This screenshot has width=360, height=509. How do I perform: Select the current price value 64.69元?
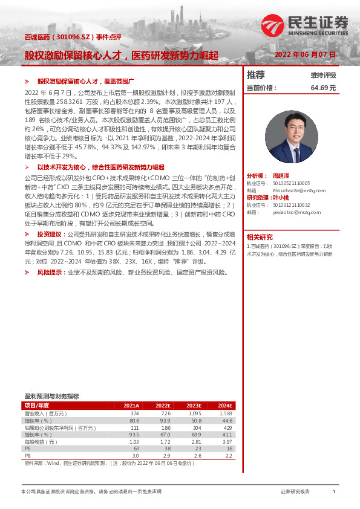point(323,88)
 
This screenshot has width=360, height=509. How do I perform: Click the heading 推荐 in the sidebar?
point(256,75)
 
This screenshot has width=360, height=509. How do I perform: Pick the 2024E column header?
point(224,406)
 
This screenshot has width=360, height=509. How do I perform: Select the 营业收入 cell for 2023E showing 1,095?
point(193,413)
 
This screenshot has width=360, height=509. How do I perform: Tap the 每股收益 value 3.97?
point(227,442)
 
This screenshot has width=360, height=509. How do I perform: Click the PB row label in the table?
point(27,456)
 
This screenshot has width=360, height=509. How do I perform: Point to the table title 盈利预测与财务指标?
point(51,397)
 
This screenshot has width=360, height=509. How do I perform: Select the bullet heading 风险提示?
point(50,273)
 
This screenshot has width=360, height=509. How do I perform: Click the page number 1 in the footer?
point(334,492)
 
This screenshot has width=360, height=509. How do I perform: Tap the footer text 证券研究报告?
point(295,492)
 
